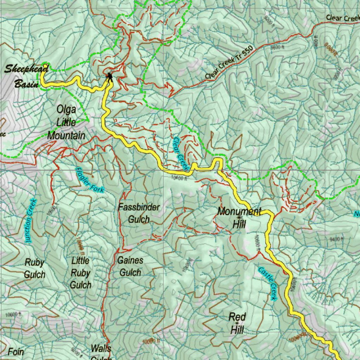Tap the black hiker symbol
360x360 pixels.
click(110, 77)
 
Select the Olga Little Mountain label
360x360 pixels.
click(66, 122)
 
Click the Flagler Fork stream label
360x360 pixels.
click(90, 179)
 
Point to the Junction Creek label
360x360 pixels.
click(31, 221)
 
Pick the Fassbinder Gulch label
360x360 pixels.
click(139, 213)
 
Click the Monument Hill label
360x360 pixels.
click(239, 217)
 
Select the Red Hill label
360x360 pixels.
click(237, 323)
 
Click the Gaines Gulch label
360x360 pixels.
click(130, 266)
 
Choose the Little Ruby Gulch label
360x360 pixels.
click(81, 273)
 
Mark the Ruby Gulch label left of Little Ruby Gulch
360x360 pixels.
click(34, 268)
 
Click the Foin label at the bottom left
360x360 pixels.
click(16, 352)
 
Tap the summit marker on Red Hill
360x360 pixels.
click(237, 323)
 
